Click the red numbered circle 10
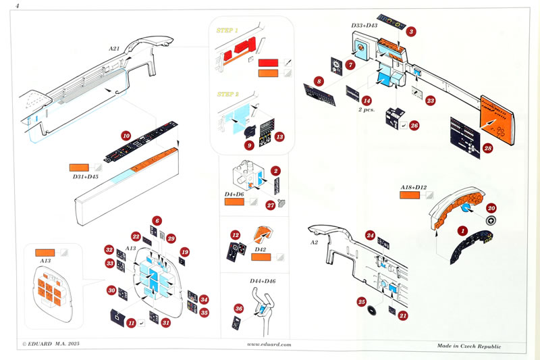point(125,135)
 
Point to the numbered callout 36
point(238,308)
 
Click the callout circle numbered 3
point(411,31)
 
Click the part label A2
point(314,242)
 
